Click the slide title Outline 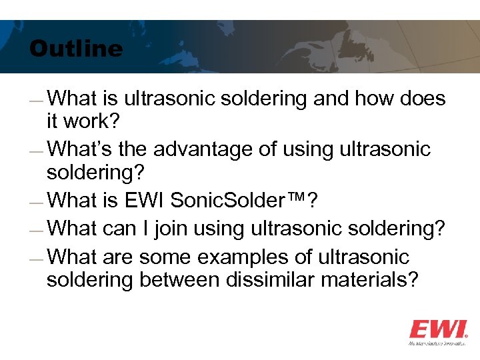[76, 49]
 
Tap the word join [171, 228]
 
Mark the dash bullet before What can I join [38, 231]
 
